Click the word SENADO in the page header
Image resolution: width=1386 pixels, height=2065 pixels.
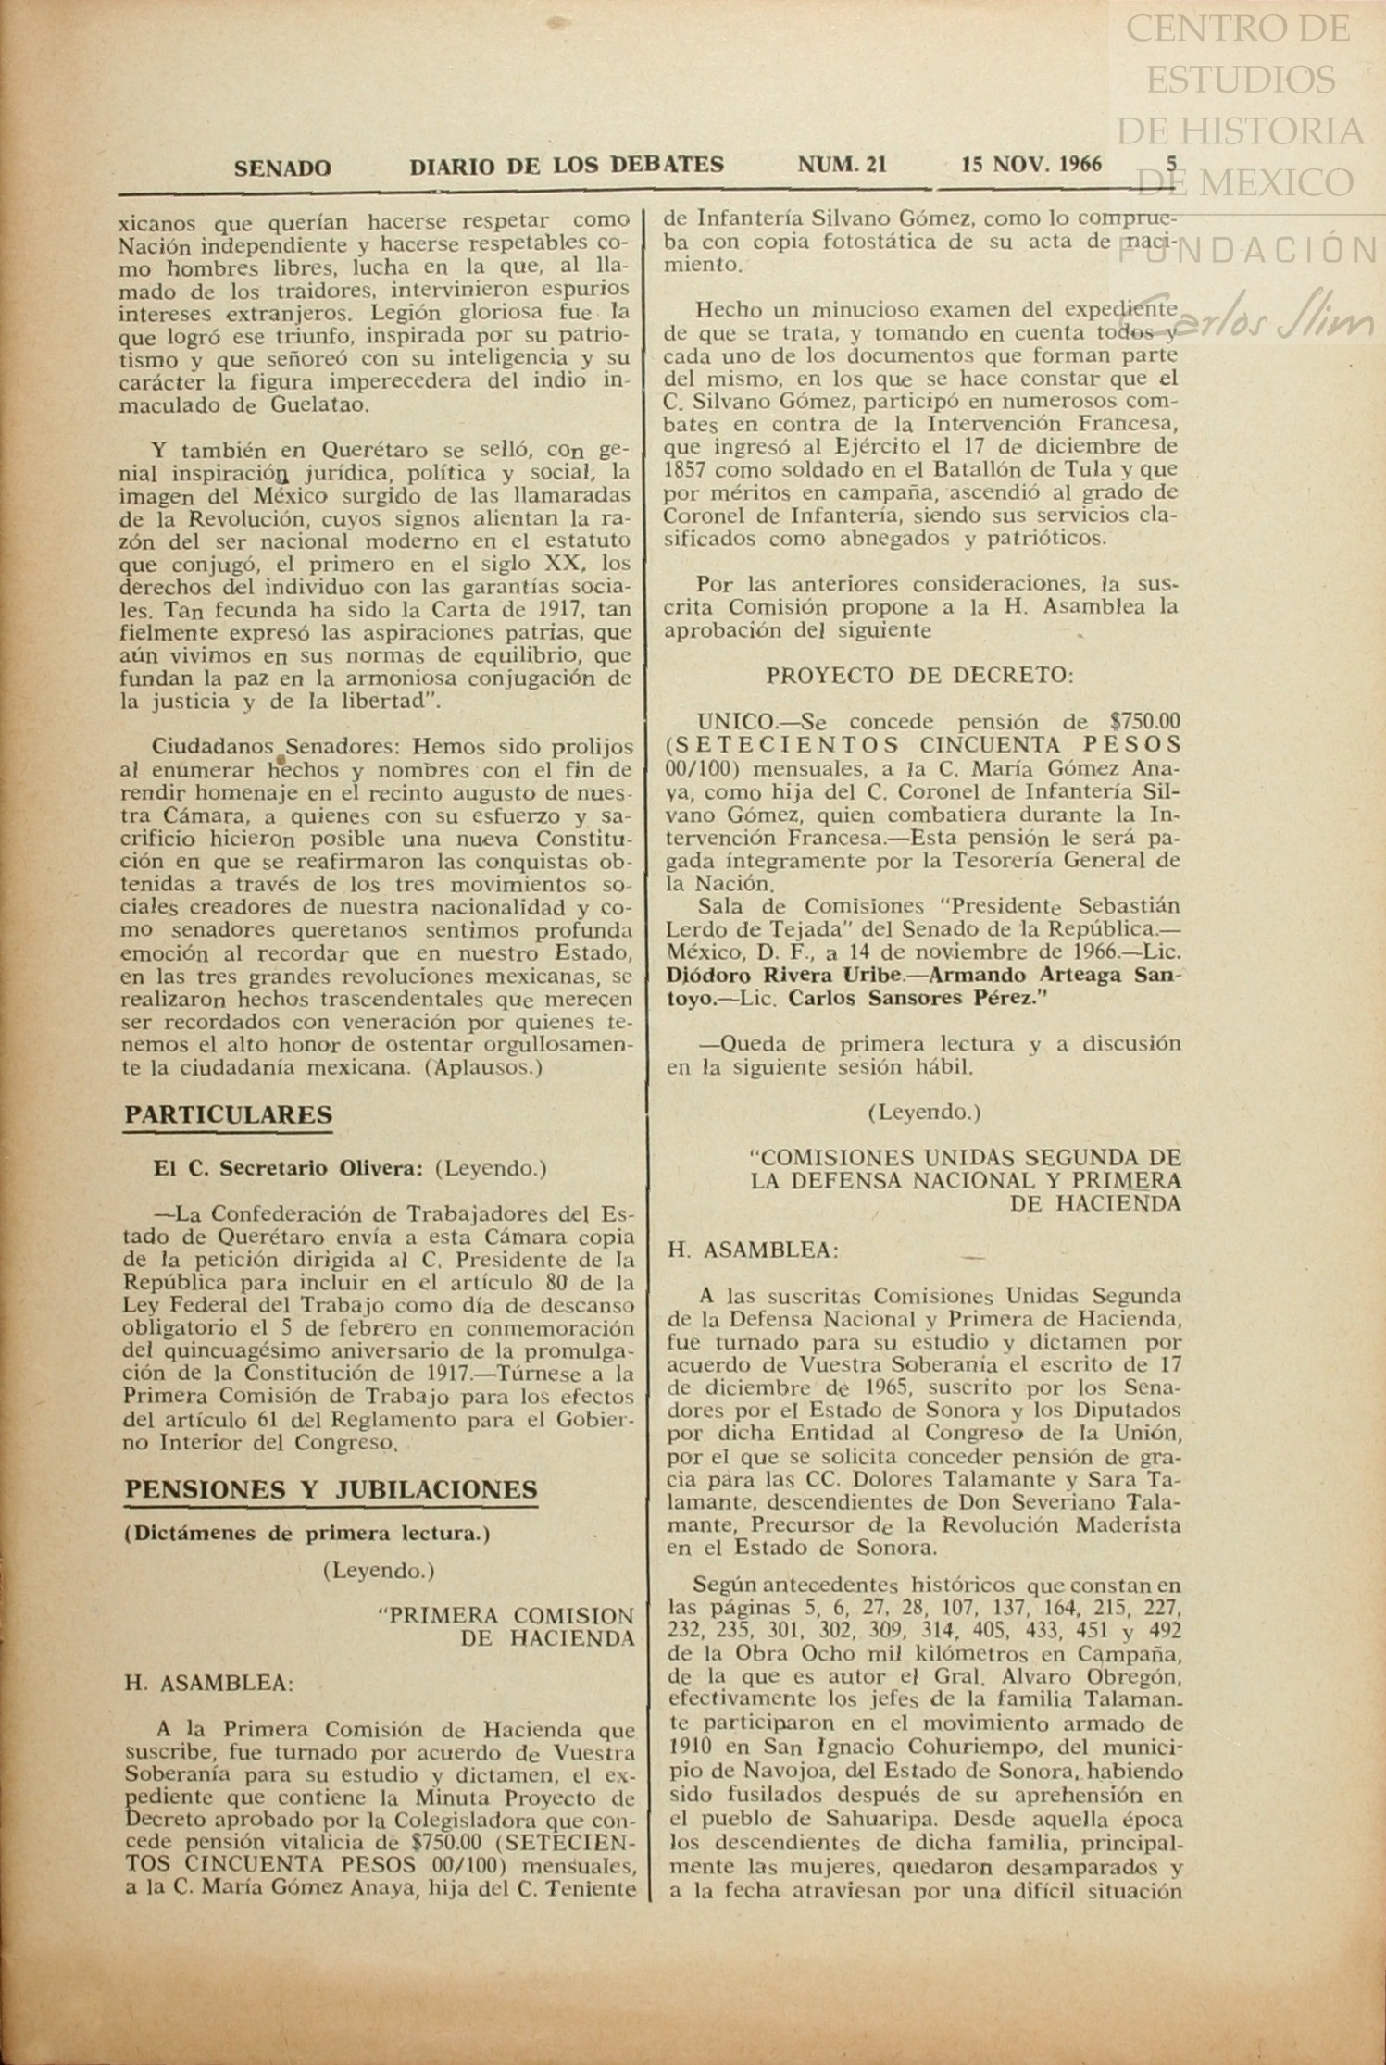tap(281, 168)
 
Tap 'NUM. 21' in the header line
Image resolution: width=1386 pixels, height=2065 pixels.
tap(842, 166)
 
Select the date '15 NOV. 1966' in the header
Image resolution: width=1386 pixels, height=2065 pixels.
tap(1031, 165)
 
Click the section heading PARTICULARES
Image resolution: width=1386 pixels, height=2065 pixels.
tap(228, 1114)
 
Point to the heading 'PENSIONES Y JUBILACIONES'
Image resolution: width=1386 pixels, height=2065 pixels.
tap(331, 1489)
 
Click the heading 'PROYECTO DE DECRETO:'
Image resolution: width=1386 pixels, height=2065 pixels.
tap(919, 677)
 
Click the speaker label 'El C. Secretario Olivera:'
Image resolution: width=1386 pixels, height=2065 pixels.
tap(288, 1168)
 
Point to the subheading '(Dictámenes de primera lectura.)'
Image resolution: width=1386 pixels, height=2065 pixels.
tap(307, 1533)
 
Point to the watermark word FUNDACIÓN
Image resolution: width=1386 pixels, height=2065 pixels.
tap(1250, 250)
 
